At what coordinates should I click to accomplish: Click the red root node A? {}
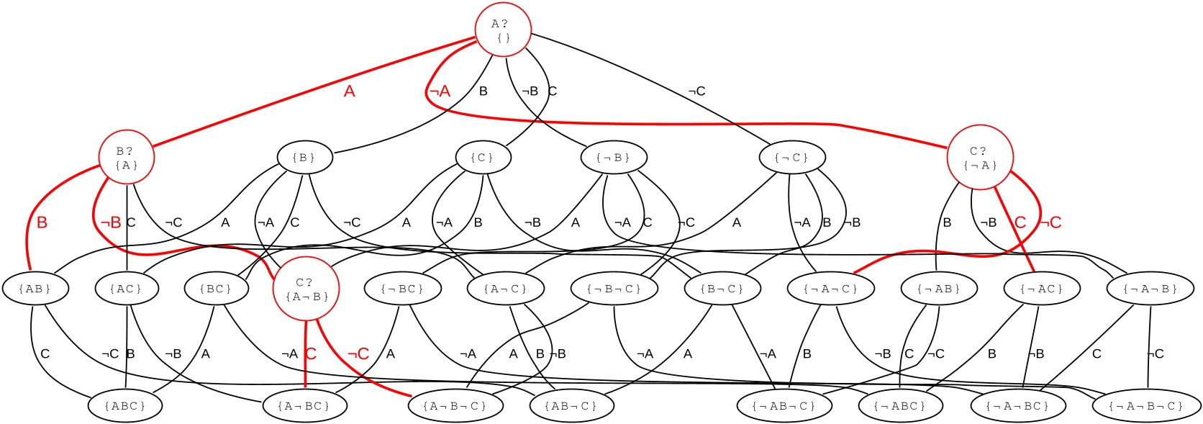point(503,30)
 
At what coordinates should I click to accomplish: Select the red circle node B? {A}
point(127,158)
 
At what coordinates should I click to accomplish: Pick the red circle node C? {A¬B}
point(306,289)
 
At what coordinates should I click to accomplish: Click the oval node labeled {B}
point(304,157)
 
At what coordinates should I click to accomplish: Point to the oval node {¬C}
point(791,157)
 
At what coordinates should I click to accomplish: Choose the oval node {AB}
point(35,289)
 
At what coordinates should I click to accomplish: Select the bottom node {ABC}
point(125,405)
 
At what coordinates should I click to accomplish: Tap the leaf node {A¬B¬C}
point(455,405)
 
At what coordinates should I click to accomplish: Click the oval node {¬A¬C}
point(830,289)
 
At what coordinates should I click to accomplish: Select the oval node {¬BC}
point(402,289)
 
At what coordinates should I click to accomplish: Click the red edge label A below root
point(350,91)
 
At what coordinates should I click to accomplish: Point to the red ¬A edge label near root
point(439,91)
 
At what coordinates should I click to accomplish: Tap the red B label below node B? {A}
point(42,222)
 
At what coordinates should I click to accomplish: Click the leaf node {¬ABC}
point(900,405)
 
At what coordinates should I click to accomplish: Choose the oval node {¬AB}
point(939,289)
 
